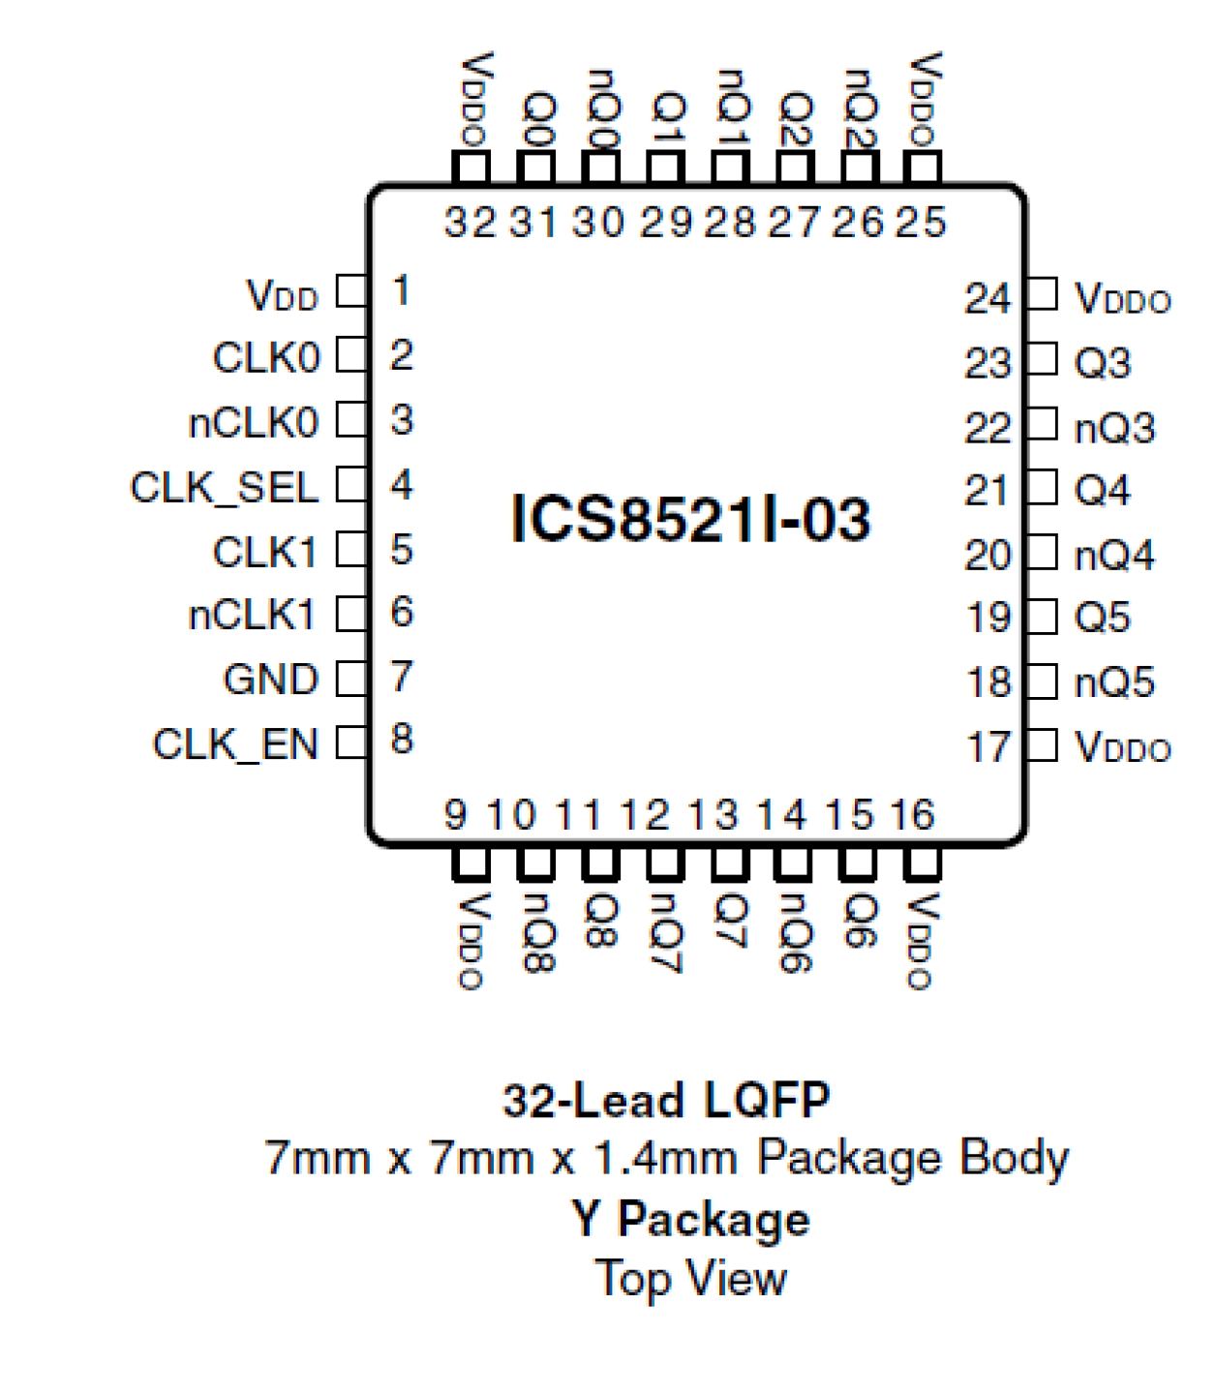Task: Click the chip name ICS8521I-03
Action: pyautogui.click(x=690, y=519)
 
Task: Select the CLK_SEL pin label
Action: pyautogui.click(x=224, y=487)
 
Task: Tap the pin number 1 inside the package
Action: pyautogui.click(x=401, y=290)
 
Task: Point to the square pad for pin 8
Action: pyautogui.click(x=351, y=742)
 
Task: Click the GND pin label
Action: pyautogui.click(x=270, y=679)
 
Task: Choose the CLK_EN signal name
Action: pyautogui.click(x=235, y=743)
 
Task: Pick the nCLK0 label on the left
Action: pyautogui.click(x=253, y=423)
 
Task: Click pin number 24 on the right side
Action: pyautogui.click(x=988, y=298)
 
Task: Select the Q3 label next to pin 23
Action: pyautogui.click(x=1102, y=363)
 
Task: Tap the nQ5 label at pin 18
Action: pyautogui.click(x=1114, y=682)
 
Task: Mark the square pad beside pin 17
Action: pyautogui.click(x=1042, y=745)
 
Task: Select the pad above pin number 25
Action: pyautogui.click(x=923, y=167)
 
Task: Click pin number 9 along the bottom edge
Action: pyautogui.click(x=455, y=814)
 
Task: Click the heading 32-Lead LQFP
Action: pyautogui.click(x=666, y=1101)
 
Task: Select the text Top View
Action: pyautogui.click(x=690, y=1278)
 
